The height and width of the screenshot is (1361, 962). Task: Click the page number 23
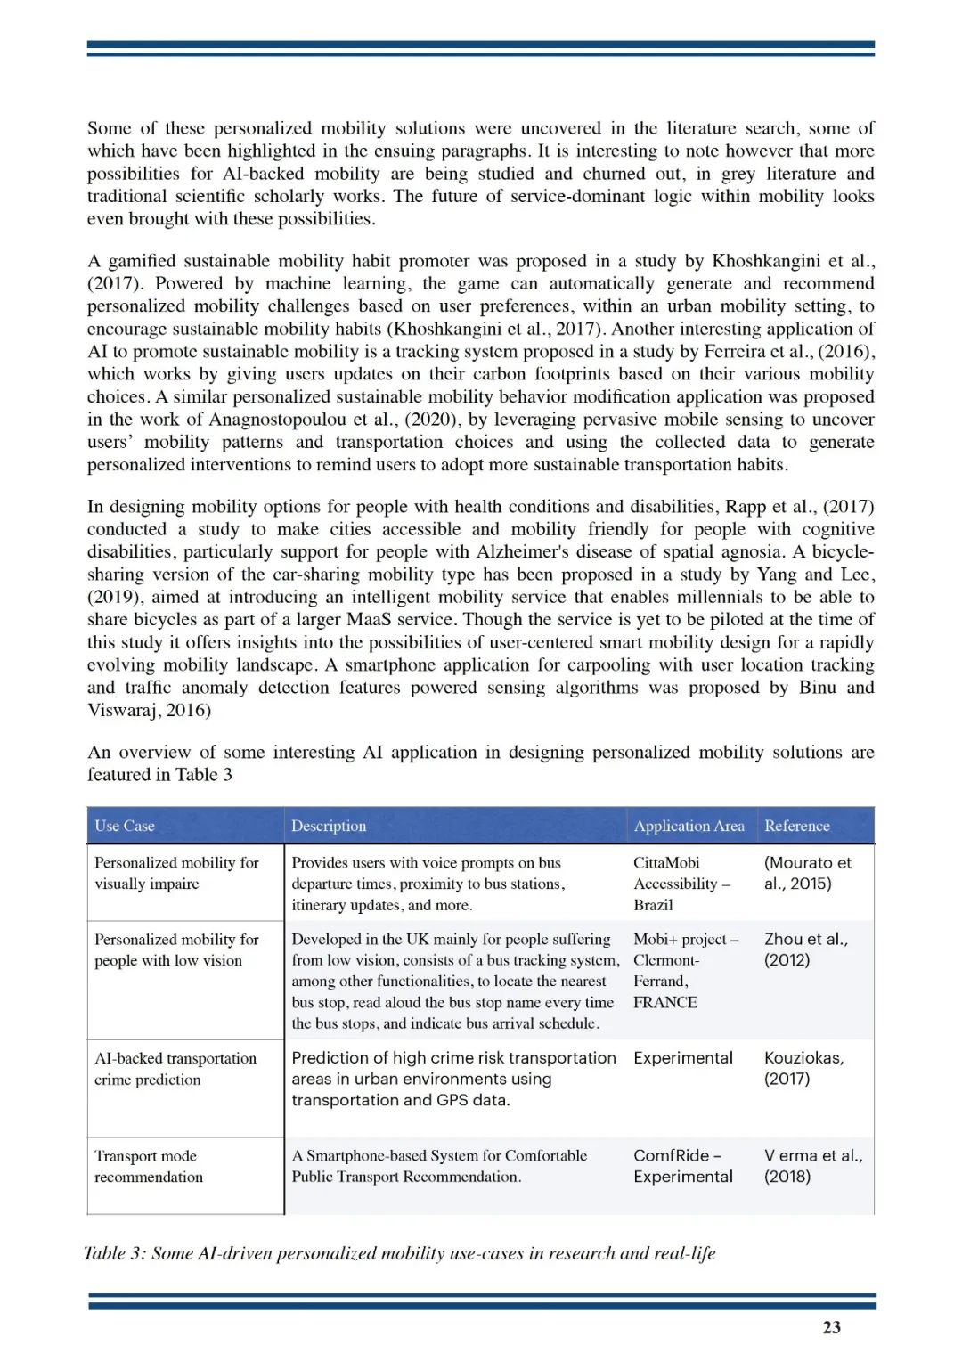click(831, 1327)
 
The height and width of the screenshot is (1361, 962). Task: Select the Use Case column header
click(125, 826)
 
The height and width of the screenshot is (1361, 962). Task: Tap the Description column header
click(329, 826)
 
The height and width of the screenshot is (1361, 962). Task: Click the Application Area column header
click(689, 826)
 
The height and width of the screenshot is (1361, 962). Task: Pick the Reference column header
click(796, 826)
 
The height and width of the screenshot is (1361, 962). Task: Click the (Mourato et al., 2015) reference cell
click(807, 873)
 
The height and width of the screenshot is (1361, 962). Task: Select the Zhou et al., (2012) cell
click(805, 949)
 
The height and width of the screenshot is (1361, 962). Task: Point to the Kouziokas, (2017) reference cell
click(803, 1068)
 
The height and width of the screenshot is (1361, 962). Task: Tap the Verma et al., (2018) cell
click(812, 1166)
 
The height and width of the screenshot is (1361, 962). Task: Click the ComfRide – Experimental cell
click(683, 1166)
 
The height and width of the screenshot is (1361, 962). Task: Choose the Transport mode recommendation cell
click(149, 1166)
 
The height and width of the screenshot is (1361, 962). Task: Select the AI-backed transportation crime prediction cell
click(175, 1069)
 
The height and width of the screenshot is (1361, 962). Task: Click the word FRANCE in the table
click(665, 1002)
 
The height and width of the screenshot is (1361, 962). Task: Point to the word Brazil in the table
click(653, 905)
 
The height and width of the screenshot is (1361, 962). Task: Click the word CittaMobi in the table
click(666, 862)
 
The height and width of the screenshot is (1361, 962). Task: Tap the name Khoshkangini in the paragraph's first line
click(766, 261)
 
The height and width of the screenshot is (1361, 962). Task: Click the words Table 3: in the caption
click(114, 1253)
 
